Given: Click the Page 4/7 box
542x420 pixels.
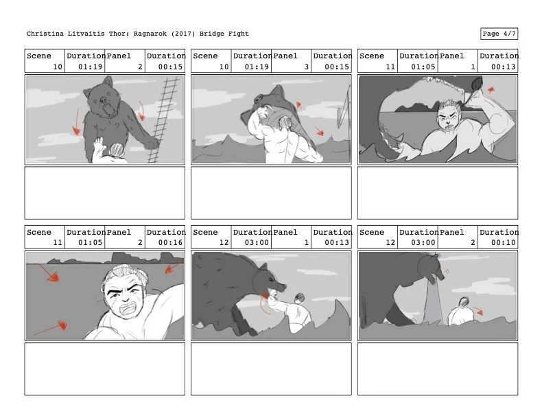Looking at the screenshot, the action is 499,34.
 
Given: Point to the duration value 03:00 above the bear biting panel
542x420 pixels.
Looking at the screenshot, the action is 257,243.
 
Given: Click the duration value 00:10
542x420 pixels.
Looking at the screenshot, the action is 504,243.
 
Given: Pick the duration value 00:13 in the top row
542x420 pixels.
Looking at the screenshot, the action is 504,67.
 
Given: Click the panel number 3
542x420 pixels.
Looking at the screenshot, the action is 307,67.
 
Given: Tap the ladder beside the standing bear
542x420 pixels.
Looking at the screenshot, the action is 163,119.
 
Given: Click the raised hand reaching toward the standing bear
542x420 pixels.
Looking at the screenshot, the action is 99,146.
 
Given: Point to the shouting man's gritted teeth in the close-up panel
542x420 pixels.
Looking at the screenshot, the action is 129,308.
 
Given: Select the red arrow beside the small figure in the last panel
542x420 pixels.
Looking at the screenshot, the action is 477,310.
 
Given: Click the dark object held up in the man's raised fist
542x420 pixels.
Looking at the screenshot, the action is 476,83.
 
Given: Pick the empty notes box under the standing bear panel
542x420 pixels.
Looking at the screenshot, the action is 105,193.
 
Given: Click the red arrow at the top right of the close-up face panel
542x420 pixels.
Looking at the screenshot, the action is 172,268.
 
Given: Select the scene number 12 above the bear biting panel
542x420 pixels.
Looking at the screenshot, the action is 224,243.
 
